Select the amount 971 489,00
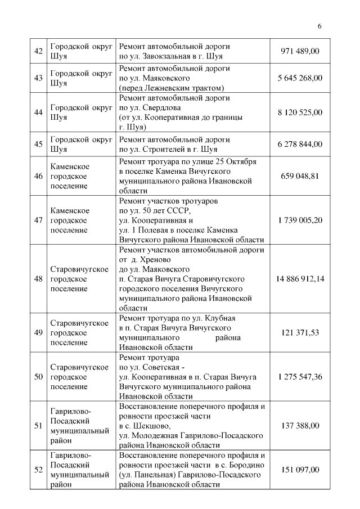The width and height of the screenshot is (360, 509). [300, 51]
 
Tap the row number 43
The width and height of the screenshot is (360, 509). [39, 78]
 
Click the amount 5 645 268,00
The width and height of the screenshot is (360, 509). [300, 78]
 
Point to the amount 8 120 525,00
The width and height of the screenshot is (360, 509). [300, 112]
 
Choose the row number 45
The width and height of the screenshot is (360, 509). [39, 144]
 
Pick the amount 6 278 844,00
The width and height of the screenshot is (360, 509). [300, 144]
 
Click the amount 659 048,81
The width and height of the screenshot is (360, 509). [300, 175]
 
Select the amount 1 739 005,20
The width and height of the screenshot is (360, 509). [300, 220]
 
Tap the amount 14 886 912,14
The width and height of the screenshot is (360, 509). [300, 278]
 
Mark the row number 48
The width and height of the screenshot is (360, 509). [39, 278]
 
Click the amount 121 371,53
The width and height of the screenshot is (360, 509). [300, 332]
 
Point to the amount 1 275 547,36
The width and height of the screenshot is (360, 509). [300, 376]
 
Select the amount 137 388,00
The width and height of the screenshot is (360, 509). [300, 426]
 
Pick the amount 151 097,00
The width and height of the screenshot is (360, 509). [300, 470]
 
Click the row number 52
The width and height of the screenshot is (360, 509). [39, 470]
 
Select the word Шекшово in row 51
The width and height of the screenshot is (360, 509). [151, 426]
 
